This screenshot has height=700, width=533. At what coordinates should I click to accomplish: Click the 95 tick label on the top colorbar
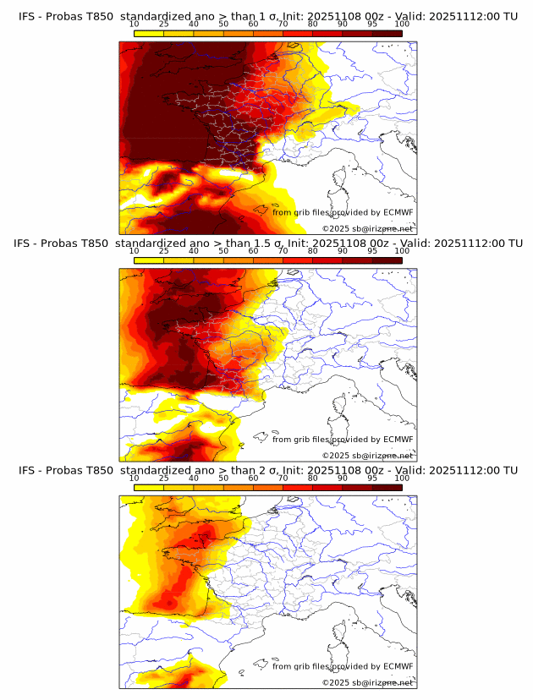point(372,24)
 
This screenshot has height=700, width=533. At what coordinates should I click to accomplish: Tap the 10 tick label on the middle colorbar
point(134,251)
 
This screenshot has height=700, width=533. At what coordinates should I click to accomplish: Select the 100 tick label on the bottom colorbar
point(402,479)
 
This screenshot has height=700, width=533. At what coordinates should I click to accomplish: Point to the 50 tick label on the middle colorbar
point(223,251)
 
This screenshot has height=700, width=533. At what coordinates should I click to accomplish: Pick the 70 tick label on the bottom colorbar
point(283,479)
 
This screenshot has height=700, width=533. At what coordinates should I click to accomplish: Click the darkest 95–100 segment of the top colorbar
point(387,33)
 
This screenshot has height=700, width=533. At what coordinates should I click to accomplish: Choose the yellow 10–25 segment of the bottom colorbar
point(149,488)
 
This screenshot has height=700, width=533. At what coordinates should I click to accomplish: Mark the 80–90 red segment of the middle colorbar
point(327,260)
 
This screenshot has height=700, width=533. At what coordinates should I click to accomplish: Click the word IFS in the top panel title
point(29,15)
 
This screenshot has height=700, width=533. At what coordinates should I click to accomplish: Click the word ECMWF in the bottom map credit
point(398,667)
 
